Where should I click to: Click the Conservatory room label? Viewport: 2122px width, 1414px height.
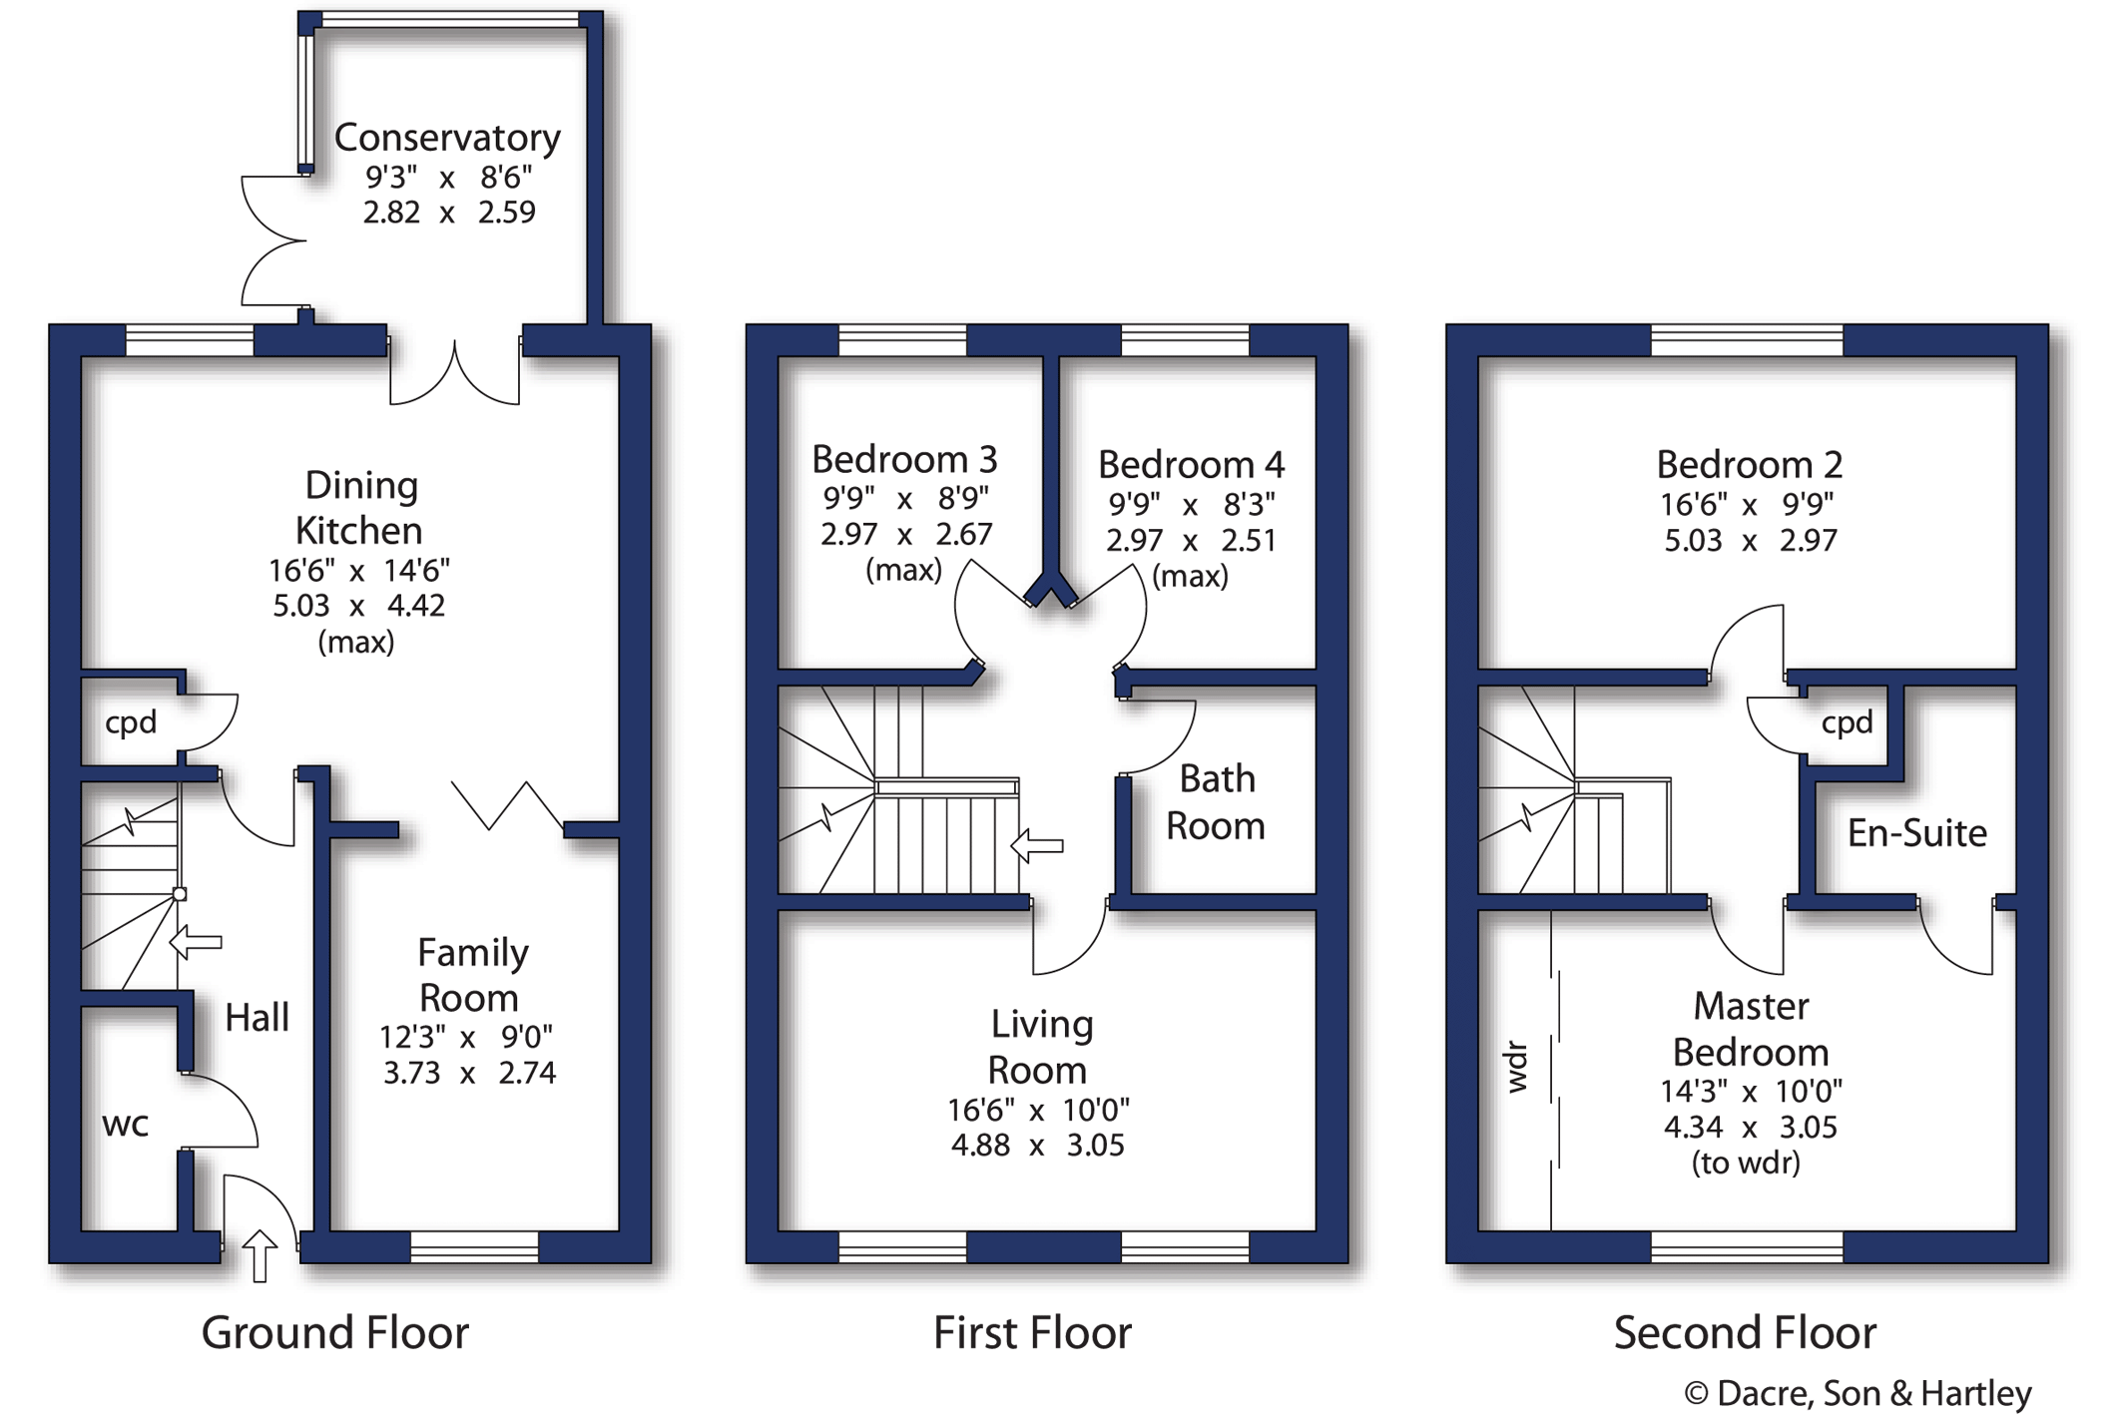click(x=446, y=138)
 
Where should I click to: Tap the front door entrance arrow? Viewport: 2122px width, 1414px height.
click(x=260, y=1255)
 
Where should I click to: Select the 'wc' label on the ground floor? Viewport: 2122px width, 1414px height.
click(x=125, y=1125)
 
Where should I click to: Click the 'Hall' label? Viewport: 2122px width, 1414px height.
click(x=257, y=1018)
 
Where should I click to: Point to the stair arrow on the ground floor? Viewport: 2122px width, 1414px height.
click(x=196, y=941)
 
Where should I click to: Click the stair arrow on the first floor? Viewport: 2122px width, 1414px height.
click(x=1037, y=845)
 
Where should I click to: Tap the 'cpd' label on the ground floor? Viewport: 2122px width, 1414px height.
click(x=131, y=721)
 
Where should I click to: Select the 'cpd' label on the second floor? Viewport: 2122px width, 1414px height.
click(x=1847, y=721)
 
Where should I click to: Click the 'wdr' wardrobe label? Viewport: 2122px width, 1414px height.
click(x=1516, y=1067)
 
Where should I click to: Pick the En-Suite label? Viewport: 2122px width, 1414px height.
click(x=1916, y=833)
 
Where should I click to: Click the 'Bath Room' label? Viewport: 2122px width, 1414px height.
click(x=1216, y=802)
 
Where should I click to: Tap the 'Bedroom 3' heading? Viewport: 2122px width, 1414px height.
click(x=904, y=459)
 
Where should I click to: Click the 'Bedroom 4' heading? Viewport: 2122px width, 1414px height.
click(x=1191, y=464)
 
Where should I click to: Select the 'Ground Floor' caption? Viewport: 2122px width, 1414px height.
click(x=335, y=1333)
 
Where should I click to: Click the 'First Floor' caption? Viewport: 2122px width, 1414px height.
click(x=1032, y=1333)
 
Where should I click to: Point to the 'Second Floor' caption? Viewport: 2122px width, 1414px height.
click(x=1745, y=1333)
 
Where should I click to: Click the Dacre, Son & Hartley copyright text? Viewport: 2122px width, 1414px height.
click(x=1857, y=1392)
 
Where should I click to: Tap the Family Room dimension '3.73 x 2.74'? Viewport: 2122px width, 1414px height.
click(x=469, y=1073)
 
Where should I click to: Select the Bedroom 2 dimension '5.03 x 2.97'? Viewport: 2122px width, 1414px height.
click(x=1750, y=540)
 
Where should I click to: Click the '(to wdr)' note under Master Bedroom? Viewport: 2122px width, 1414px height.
click(x=1746, y=1163)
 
